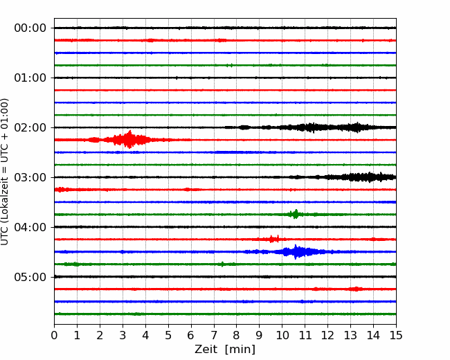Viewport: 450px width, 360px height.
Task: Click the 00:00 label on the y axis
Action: point(30,28)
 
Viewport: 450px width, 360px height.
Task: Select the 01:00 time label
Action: point(30,78)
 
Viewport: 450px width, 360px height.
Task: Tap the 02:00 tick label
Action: point(30,127)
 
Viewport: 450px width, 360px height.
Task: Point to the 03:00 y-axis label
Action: point(30,177)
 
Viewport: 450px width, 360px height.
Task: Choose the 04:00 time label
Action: point(30,227)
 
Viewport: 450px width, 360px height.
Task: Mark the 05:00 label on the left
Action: point(30,277)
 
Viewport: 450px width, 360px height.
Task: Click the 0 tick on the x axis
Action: point(54,335)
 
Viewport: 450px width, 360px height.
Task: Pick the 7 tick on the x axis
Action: point(214,335)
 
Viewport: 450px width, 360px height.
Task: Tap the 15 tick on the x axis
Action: point(396,335)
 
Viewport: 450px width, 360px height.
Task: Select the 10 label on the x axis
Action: point(282,335)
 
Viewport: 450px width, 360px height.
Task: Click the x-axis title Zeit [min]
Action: point(225,350)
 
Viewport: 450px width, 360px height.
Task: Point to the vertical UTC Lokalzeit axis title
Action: point(5,172)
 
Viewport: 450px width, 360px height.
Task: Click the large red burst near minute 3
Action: point(129,140)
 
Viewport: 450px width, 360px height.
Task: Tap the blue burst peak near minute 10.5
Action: point(296,252)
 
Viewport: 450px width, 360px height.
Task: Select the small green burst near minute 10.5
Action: point(296,214)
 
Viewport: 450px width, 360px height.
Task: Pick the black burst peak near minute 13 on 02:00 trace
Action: point(357,127)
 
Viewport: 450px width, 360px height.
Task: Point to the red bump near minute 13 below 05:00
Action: point(356,289)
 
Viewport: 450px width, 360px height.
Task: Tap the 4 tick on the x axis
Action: point(145,335)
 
